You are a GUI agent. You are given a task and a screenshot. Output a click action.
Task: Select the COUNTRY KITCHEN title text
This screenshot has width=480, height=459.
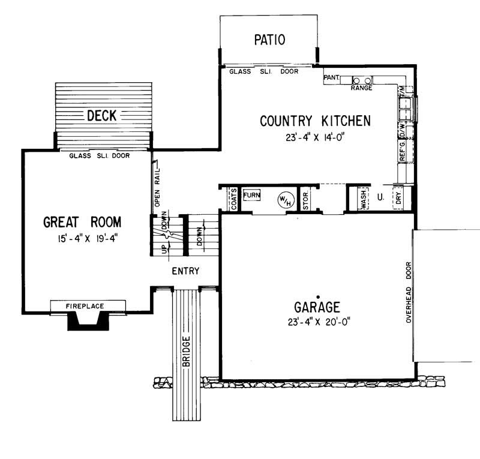[315, 121]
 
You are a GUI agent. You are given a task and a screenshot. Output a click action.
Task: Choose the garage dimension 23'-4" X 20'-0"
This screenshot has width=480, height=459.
[318, 322]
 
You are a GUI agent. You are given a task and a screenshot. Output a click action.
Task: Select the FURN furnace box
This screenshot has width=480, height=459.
[251, 195]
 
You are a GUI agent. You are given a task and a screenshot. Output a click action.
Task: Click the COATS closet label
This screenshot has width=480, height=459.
[233, 199]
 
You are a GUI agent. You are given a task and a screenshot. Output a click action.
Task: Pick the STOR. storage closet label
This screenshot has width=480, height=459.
[305, 199]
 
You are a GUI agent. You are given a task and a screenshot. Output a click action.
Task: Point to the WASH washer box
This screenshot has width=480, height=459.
[364, 199]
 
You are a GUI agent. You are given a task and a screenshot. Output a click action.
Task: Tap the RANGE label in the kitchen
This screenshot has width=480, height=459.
[361, 88]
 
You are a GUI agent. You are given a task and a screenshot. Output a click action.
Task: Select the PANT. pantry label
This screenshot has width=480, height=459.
[332, 78]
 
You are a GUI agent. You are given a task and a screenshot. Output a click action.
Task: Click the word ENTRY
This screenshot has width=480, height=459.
[185, 271]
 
